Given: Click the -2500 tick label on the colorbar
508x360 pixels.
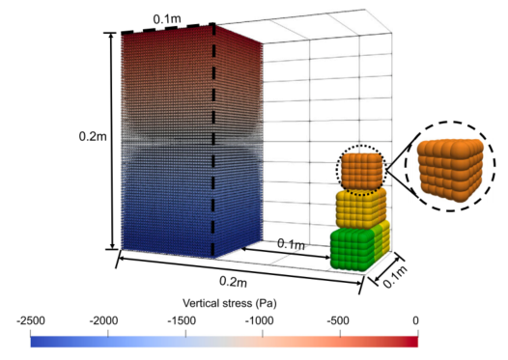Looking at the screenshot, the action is click(x=31, y=320).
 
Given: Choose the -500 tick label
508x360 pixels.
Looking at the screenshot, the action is click(x=338, y=320).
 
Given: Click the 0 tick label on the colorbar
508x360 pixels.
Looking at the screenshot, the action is click(x=415, y=320).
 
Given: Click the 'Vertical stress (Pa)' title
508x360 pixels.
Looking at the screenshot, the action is click(x=230, y=303).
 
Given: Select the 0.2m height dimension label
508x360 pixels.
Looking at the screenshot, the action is click(x=93, y=136).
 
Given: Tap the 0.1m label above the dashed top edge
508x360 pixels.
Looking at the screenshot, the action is click(x=167, y=19).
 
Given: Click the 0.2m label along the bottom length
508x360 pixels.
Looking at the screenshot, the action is click(x=234, y=281).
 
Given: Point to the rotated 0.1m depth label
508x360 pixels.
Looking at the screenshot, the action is click(x=395, y=277).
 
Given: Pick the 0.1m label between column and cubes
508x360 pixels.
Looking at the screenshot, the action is click(x=291, y=244).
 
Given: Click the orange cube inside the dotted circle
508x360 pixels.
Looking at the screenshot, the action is click(x=362, y=171).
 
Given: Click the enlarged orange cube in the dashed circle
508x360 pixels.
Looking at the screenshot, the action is click(x=451, y=169).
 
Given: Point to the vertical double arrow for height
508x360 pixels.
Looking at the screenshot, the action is click(x=112, y=141).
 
